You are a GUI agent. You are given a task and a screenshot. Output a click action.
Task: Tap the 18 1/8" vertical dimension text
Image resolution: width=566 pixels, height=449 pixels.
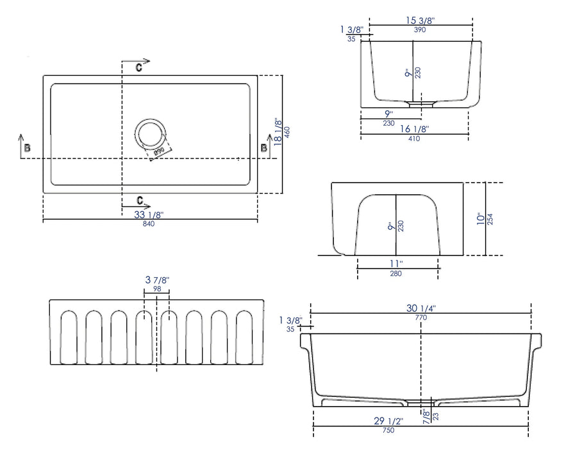278,132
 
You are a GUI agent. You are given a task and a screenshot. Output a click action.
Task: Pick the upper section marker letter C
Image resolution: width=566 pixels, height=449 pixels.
138,66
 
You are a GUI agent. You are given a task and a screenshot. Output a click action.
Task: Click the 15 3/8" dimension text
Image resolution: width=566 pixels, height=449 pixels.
421,20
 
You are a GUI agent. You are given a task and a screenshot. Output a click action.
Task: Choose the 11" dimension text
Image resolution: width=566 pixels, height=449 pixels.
397,263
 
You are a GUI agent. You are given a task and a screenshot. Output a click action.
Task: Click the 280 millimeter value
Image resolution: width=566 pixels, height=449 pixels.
397,274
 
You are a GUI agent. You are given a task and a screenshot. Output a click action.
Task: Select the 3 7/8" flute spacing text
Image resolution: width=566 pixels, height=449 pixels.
156,280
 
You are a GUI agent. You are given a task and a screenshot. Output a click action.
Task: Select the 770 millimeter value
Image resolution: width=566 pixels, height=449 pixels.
420,318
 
